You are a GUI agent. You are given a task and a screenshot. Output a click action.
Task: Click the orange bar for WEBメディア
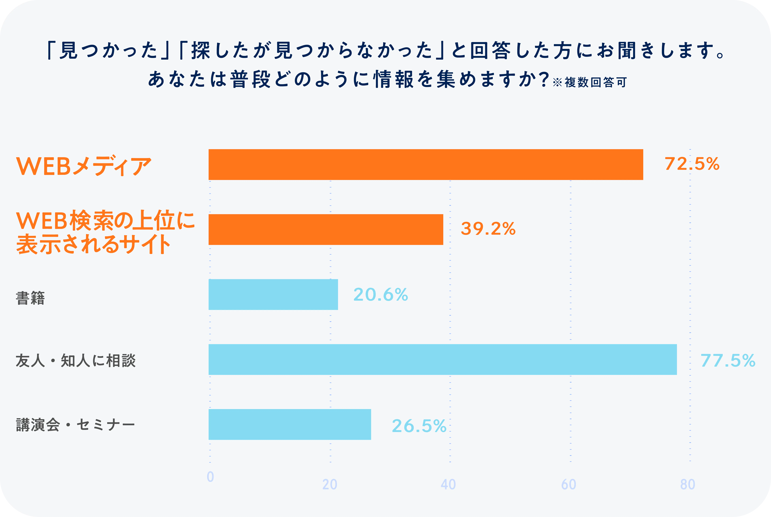(426, 165)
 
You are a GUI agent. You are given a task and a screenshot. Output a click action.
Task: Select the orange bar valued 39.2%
(326, 229)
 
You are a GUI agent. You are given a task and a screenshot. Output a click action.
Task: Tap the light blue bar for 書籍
(273, 294)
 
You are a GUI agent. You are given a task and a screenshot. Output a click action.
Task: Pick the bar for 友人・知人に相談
(442, 359)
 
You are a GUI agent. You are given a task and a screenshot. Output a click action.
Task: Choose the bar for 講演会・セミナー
(290, 424)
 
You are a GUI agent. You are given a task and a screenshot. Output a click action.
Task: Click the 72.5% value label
(692, 164)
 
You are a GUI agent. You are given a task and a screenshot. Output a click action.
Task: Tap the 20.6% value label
(380, 294)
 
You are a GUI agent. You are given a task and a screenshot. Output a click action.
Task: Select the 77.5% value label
(727, 360)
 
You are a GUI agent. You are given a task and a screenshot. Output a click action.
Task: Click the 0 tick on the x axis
(210, 477)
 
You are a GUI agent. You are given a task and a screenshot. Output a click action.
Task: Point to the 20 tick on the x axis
(330, 484)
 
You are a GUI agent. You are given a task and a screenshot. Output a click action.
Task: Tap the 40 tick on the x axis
(448, 484)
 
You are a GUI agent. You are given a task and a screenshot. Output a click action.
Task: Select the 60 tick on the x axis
(568, 484)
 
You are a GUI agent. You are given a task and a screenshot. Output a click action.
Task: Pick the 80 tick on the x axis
(688, 484)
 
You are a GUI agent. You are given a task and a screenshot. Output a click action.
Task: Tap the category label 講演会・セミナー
(75, 425)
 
